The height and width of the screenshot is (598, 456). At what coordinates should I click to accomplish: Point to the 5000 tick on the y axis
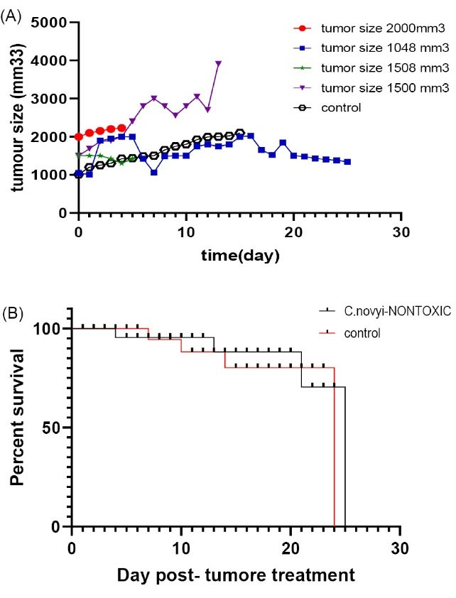tap(50, 23)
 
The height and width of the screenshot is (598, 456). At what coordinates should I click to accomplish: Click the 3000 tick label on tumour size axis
tap(50, 99)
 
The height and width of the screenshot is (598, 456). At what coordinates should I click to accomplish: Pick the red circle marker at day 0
tap(78, 136)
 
